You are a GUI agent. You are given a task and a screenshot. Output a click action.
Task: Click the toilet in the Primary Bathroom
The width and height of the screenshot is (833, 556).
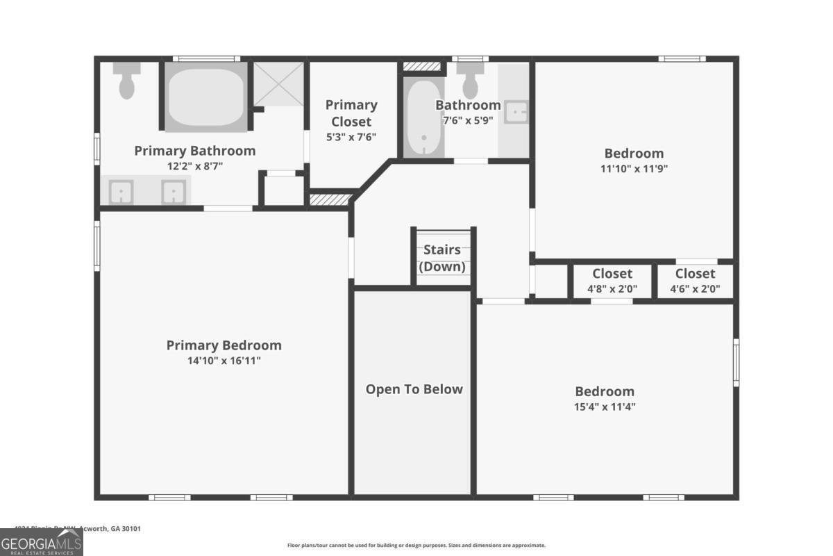click(126, 82)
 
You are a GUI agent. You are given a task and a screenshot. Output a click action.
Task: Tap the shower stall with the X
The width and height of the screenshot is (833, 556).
click(278, 84)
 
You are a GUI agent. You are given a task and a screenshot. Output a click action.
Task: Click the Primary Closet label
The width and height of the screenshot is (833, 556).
click(351, 113)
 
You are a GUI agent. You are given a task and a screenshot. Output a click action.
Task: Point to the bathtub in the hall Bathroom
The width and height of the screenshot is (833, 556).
click(423, 118)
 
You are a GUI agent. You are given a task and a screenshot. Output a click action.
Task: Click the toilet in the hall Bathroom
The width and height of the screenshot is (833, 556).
click(471, 81)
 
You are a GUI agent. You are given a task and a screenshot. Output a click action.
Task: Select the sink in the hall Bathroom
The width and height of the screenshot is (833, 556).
click(516, 112)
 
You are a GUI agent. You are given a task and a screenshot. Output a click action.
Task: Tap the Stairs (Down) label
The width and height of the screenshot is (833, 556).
click(442, 258)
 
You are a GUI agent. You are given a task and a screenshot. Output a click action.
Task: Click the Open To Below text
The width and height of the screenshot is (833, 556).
click(414, 389)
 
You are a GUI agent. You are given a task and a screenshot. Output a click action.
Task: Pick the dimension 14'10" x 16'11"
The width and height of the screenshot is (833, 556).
click(224, 361)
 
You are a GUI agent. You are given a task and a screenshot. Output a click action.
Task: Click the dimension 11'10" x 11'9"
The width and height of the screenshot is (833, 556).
click(634, 168)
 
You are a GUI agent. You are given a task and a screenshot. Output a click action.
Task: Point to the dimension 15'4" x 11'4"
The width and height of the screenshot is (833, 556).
click(605, 407)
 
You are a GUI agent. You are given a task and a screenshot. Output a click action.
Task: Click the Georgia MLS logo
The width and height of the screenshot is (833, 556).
click(42, 542)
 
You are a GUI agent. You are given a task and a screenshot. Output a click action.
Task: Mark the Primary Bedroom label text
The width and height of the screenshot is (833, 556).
click(224, 345)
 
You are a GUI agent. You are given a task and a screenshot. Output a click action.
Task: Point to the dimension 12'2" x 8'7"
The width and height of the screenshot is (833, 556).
click(195, 166)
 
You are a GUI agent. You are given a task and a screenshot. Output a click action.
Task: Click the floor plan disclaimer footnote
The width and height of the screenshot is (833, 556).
click(416, 546)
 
